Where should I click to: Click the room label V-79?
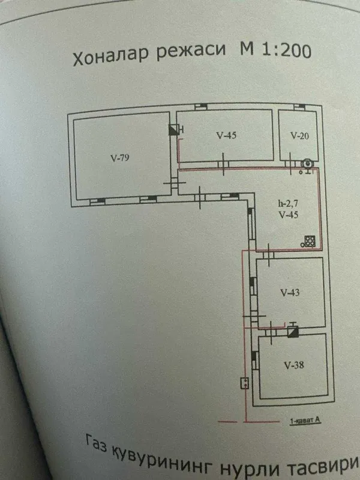tap(119, 158)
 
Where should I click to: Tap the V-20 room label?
tap(299, 136)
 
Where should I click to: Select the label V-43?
tap(290, 293)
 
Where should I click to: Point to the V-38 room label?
tap(294, 365)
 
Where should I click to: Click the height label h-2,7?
tap(288, 203)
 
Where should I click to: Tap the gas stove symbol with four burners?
tap(308, 242)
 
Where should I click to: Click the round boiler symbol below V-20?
tap(307, 164)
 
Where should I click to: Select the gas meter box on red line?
tap(245, 383)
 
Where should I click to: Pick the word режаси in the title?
tap(191, 50)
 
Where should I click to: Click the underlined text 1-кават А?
tap(305, 421)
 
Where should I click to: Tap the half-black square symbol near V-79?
tap(174, 130)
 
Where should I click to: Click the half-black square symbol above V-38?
tap(293, 332)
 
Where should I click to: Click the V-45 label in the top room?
tap(226, 136)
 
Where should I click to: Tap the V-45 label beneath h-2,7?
tap(289, 215)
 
